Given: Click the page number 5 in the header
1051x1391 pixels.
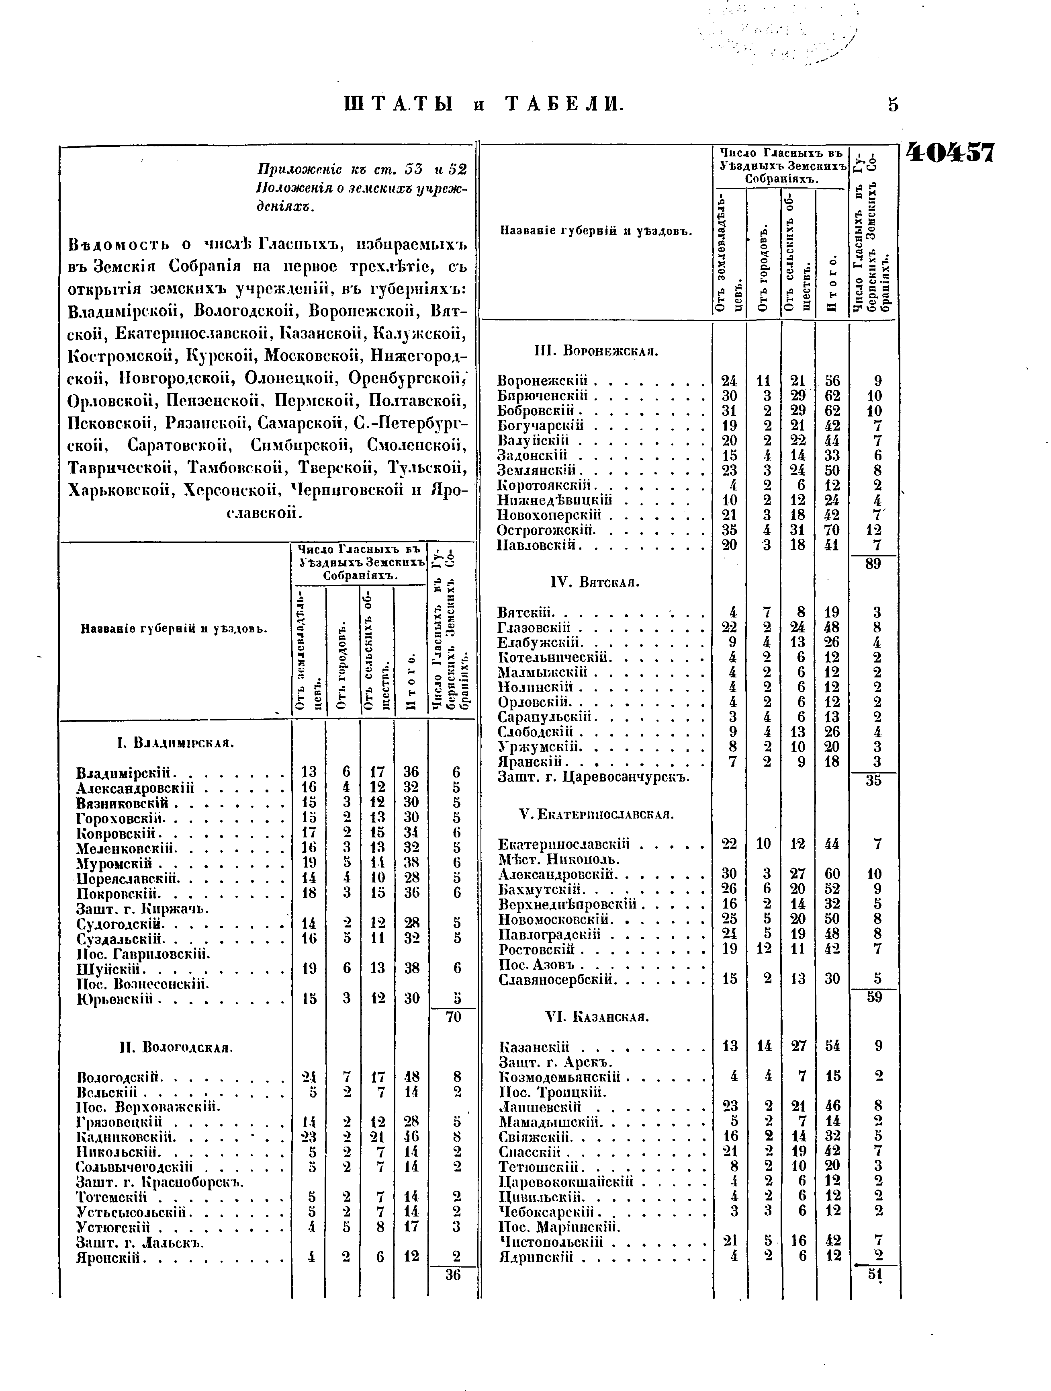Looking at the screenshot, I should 893,105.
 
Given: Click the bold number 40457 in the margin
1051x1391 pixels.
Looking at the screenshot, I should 950,152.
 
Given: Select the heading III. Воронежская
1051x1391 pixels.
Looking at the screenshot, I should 596,351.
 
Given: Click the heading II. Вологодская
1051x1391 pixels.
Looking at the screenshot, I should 176,1048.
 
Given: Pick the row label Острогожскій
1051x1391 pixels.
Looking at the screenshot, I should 546,530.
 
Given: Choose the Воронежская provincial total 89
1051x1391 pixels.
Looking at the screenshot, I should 873,564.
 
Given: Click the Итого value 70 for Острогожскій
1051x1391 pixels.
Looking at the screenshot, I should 832,530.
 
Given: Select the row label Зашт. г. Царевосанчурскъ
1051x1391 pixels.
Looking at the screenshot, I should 593,777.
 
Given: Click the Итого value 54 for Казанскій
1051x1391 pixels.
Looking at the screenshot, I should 833,1046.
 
